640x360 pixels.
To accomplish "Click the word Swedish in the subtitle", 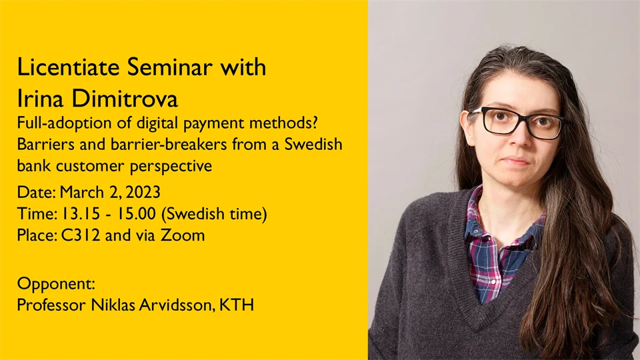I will click(313, 145).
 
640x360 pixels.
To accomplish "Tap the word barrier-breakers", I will click(137, 145).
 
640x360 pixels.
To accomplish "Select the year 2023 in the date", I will click(142, 193).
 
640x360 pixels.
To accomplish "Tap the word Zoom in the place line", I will click(183, 235).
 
